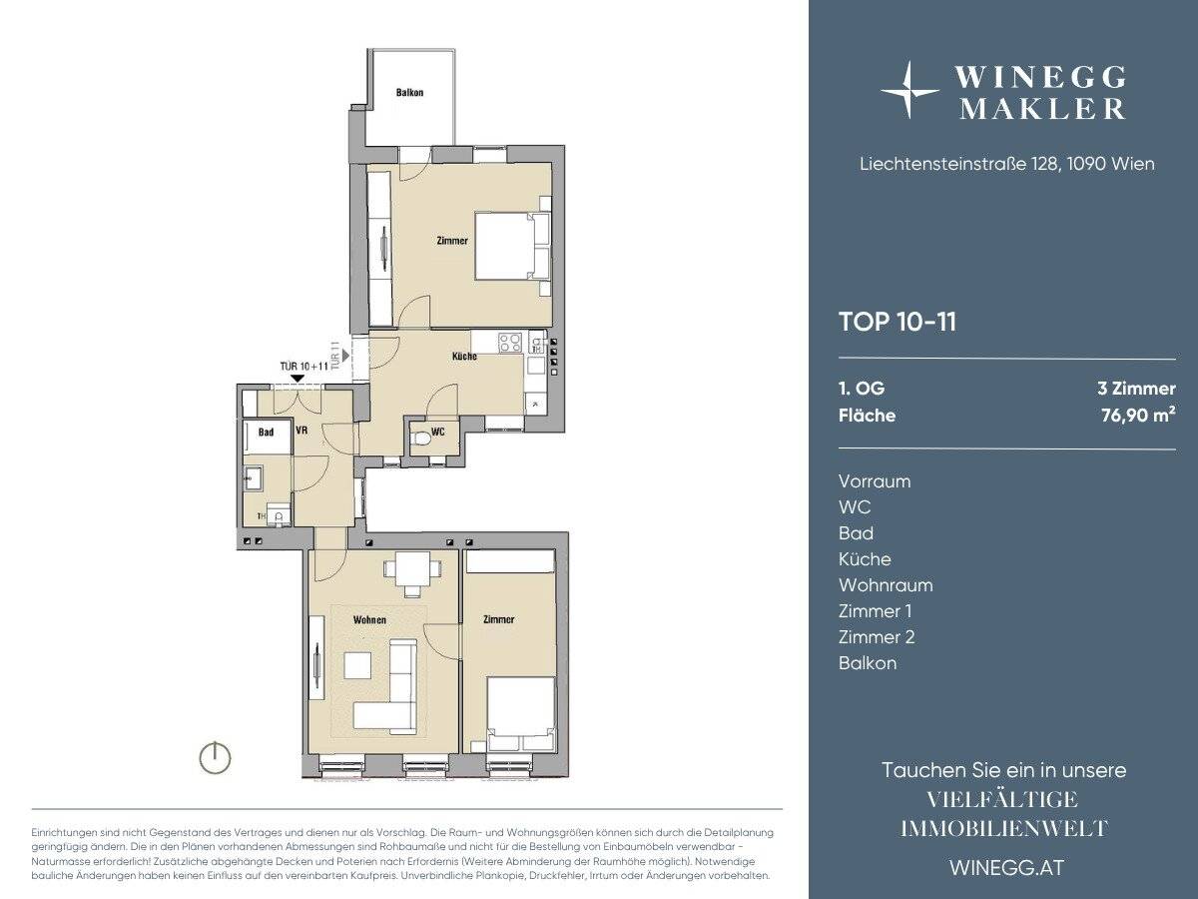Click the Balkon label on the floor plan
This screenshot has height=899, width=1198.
pyautogui.click(x=409, y=92)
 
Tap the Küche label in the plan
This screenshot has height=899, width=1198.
pyautogui.click(x=464, y=357)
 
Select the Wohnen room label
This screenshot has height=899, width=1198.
pyautogui.click(x=369, y=619)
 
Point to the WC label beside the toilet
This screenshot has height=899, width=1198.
pyautogui.click(x=437, y=432)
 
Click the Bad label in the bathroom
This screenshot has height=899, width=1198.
pyautogui.click(x=266, y=433)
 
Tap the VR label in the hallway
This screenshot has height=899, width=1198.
pyautogui.click(x=301, y=431)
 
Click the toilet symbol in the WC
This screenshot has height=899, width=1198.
pyautogui.click(x=421, y=439)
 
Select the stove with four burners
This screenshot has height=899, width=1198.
pyautogui.click(x=510, y=343)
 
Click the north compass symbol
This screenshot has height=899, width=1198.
pyautogui.click(x=215, y=757)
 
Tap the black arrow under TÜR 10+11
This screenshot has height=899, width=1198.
pyautogui.click(x=297, y=379)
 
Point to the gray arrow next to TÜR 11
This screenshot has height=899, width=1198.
pyautogui.click(x=345, y=356)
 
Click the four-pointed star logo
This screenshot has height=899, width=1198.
pyautogui.click(x=908, y=90)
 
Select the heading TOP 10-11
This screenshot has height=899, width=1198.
pyautogui.click(x=898, y=322)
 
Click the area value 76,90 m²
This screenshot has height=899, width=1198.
pyautogui.click(x=1138, y=415)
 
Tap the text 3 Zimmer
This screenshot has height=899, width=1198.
pyautogui.click(x=1137, y=389)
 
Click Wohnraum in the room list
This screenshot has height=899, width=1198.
pyautogui.click(x=886, y=585)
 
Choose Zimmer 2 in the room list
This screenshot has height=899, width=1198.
pyautogui.click(x=877, y=637)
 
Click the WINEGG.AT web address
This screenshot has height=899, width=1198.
pyautogui.click(x=1007, y=868)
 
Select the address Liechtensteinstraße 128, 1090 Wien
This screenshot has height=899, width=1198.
pyautogui.click(x=1007, y=164)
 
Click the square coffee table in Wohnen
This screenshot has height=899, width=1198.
pyautogui.click(x=358, y=665)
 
